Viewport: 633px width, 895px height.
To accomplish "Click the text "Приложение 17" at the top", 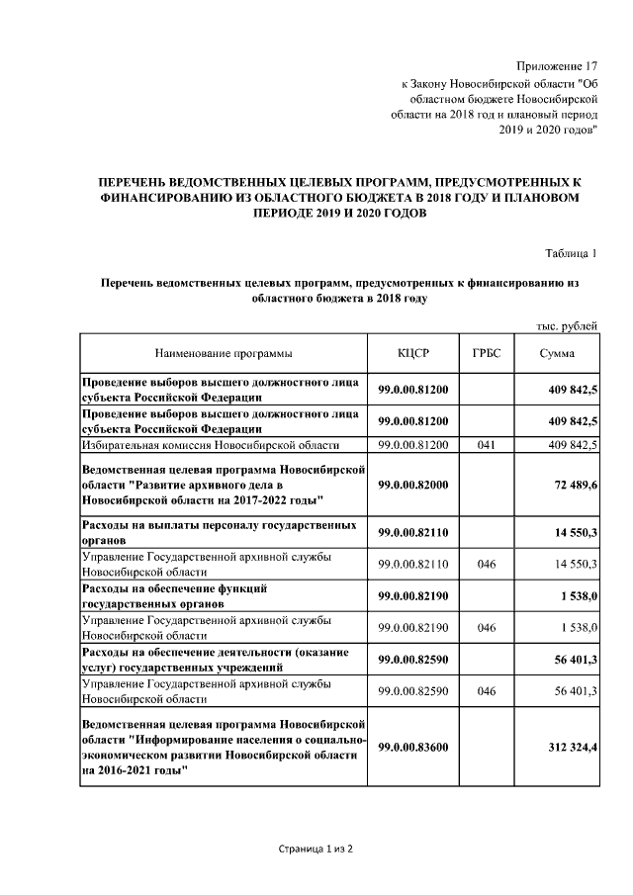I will (x=558, y=65).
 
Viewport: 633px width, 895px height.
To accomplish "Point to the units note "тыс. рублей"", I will (x=567, y=325).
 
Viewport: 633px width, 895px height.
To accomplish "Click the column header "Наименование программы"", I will (x=224, y=353).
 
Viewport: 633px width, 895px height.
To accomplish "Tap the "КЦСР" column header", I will (x=412, y=353).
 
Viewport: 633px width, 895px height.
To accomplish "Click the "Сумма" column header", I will (x=556, y=353).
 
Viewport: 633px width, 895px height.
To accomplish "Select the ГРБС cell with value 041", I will (x=485, y=445).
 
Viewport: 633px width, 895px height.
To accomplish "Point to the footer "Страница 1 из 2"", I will (x=316, y=850).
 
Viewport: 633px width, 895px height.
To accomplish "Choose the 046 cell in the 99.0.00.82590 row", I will (x=485, y=691).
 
